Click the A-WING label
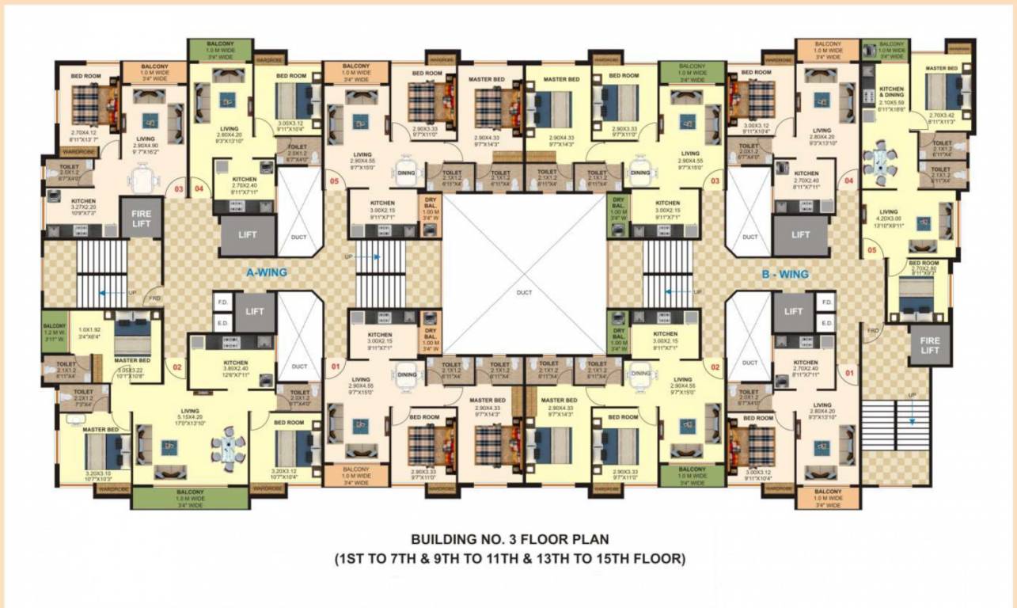pyautogui.click(x=266, y=272)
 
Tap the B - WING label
pyautogui.click(x=784, y=275)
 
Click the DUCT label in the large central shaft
pyautogui.click(x=525, y=292)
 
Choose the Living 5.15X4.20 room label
pyautogui.click(x=190, y=415)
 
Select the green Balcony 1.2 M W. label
pyautogui.click(x=55, y=329)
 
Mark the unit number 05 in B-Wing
pyautogui.click(x=871, y=251)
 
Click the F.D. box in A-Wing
pyautogui.click(x=222, y=302)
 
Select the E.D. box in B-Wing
pyautogui.click(x=827, y=323)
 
